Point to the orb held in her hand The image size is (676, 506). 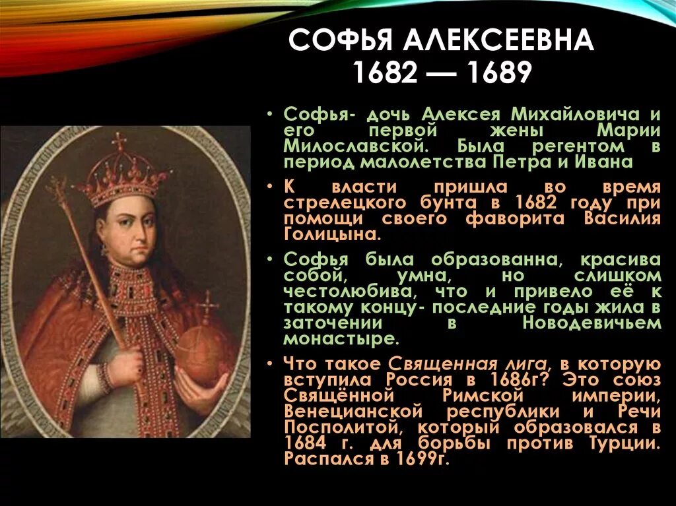[x=203, y=354]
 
